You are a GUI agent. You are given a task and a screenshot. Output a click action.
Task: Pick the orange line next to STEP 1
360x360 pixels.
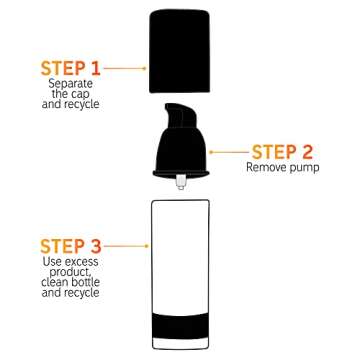(125, 69)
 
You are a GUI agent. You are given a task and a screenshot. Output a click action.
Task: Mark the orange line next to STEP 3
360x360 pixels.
(125, 245)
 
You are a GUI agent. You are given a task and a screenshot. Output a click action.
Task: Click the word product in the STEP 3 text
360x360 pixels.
(70, 272)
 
